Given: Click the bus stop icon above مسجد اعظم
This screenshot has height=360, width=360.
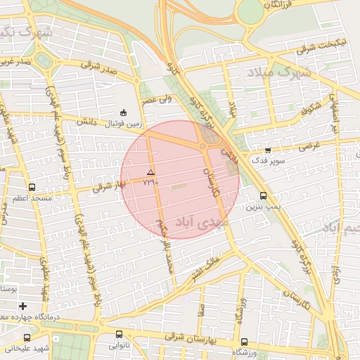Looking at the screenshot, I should tap(32, 188).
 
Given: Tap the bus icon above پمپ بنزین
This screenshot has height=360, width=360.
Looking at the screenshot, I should tap(263, 196).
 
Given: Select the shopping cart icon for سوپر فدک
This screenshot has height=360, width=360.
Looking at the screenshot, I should tap(268, 150).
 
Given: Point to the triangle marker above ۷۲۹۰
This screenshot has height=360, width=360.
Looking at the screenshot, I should tap(150, 172).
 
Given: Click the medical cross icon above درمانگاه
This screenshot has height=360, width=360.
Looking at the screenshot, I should tap(23, 306).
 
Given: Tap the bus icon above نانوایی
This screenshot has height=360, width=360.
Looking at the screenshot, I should tap(118, 335).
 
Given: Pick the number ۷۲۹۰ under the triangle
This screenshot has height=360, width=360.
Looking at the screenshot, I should tap(150, 182).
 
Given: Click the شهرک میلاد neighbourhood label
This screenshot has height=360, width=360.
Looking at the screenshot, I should tap(280, 72).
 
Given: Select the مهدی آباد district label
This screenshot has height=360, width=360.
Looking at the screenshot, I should tap(202, 224).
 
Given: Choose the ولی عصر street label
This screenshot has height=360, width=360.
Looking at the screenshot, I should tap(157, 101).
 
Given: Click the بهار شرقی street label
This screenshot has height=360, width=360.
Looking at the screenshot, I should tap(111, 186).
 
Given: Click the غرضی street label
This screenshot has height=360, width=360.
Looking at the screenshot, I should tap(309, 148).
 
